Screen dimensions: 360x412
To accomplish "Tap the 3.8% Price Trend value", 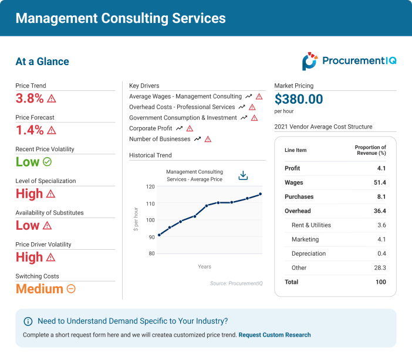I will (x=29, y=99).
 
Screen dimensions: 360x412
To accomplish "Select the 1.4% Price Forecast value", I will (x=29, y=130).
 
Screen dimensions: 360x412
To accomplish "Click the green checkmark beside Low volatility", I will (x=48, y=162).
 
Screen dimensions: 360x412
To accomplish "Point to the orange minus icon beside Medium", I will (x=71, y=288).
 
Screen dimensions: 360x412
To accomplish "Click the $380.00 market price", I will (x=299, y=99).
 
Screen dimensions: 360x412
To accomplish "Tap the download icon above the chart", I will (x=243, y=175).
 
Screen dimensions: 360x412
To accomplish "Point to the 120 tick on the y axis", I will (x=150, y=187).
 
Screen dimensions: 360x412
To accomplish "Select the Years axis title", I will (x=204, y=267).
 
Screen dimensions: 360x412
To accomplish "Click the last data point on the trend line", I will (x=260, y=194).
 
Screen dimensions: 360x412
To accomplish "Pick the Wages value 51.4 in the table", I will (x=380, y=183).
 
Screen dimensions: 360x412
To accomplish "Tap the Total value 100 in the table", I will (x=380, y=282).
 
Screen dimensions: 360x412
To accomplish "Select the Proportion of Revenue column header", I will (x=370, y=150).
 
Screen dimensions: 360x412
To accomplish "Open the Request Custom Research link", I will (x=275, y=335).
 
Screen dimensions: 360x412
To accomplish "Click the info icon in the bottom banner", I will (x=28, y=321).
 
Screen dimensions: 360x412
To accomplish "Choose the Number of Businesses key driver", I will (x=160, y=139).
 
